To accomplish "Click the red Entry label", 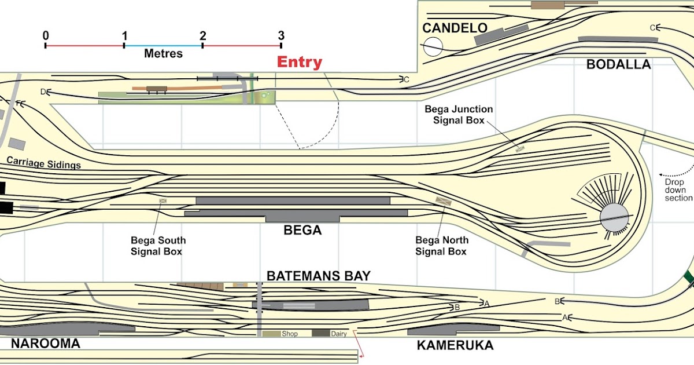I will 299,63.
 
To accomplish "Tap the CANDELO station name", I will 455,28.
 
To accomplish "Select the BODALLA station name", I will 618,64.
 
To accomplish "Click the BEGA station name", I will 302,231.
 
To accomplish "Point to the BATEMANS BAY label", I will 318,276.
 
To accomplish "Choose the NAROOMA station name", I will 45,344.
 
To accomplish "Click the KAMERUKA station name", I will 455,346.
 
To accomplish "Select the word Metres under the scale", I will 163,54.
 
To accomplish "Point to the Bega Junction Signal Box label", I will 459,115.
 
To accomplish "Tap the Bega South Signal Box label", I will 158,246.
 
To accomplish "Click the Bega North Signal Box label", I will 442,246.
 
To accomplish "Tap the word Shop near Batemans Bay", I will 289,334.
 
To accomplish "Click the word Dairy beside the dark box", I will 339,334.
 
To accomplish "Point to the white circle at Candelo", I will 433,46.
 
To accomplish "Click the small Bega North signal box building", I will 444,201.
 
